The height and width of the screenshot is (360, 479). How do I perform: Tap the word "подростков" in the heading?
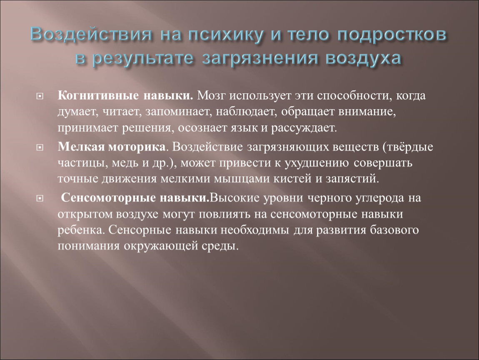click(x=392, y=35)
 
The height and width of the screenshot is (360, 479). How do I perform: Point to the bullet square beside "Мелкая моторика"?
click(x=40, y=148)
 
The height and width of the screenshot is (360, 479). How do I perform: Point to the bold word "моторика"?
click(x=137, y=147)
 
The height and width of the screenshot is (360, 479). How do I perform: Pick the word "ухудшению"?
click(x=317, y=163)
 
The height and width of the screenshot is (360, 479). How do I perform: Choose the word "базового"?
click(x=394, y=230)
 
